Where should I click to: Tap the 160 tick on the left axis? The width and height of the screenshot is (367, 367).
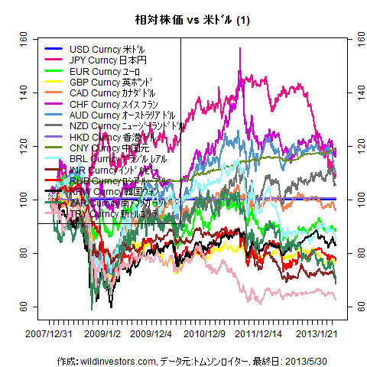(22, 37)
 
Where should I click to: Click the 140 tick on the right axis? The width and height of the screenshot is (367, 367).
(353, 91)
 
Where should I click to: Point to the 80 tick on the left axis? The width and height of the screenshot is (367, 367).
(22, 252)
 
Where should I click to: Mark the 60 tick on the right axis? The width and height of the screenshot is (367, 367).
(353, 306)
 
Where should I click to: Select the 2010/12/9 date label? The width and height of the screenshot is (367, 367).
(203, 333)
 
